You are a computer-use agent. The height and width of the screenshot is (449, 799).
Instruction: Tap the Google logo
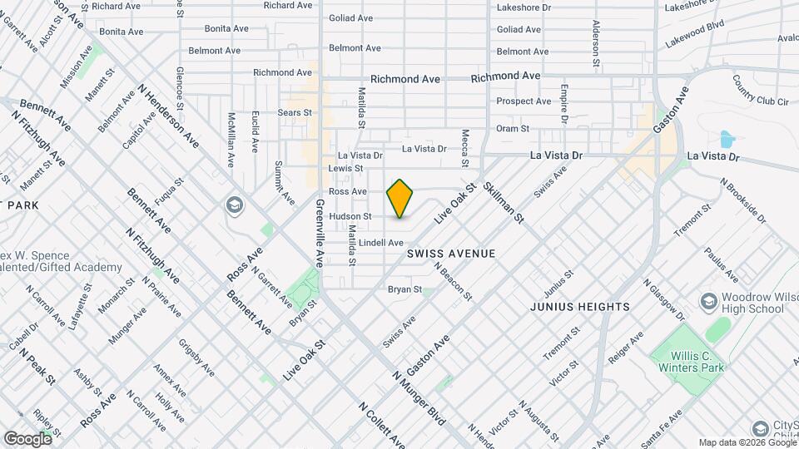click(x=27, y=438)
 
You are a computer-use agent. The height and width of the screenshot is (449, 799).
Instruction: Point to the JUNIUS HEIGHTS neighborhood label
click(x=580, y=307)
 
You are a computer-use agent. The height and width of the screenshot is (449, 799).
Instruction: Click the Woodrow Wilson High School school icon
click(x=708, y=299)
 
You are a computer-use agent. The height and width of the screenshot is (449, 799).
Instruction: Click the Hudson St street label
click(x=348, y=216)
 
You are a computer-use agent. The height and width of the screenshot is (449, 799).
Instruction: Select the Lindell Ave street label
click(x=381, y=242)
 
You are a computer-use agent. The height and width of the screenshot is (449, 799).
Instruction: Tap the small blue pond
click(x=726, y=139)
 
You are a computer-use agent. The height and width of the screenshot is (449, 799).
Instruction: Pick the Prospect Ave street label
click(x=524, y=101)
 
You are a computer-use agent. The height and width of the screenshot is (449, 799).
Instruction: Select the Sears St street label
click(x=295, y=112)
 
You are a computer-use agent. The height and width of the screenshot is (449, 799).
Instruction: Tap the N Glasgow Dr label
click(x=664, y=299)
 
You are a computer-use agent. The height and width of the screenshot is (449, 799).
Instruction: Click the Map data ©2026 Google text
click(x=747, y=442)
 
